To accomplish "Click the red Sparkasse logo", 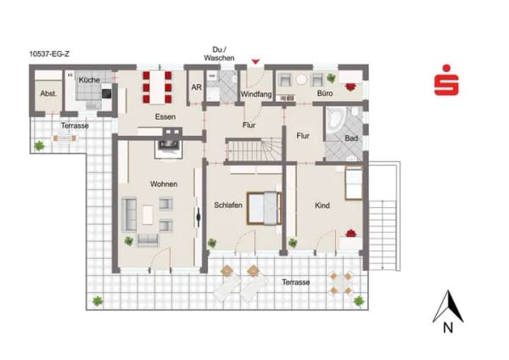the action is pos(446,80).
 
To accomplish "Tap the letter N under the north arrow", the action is pos(448,328).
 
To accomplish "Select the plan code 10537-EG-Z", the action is pos(49,54).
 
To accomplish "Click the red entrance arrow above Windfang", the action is pos(256,61).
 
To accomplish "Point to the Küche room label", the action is pos(89,80).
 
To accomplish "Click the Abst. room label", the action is pos(48,93).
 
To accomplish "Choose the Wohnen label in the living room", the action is pos(164,184).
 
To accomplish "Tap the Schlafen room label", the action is pos(228,205).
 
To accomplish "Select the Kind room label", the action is pos(322,205).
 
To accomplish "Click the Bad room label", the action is pos(351,138).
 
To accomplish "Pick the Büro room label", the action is pos(325,93).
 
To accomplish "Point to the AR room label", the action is pos(197,87).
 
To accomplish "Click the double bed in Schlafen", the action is pos(264,208).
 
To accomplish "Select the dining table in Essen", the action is pos(158,87).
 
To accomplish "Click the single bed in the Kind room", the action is pos(354,183).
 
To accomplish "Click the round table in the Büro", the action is pos(301,80).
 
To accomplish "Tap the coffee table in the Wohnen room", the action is pos(148,215).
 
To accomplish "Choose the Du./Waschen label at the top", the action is pos(219,54).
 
